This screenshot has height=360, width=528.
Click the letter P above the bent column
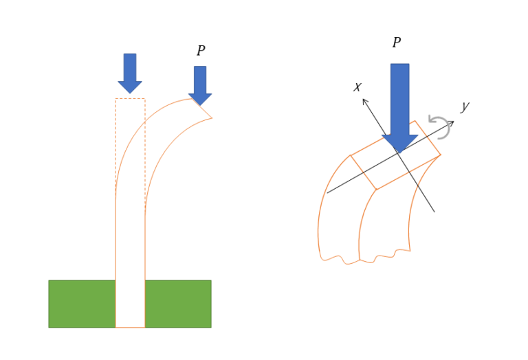(201, 50)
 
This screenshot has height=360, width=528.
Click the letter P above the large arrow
(397, 43)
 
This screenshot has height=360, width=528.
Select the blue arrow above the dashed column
(130, 74)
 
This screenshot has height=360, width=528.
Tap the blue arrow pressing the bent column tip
(200, 86)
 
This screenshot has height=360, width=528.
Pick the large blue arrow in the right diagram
(399, 109)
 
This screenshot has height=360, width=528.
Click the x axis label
(357, 87)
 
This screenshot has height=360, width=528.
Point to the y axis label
(465, 106)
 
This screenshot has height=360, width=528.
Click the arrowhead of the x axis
(364, 100)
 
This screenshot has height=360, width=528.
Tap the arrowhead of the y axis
(451, 123)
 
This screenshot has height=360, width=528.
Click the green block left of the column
(82, 304)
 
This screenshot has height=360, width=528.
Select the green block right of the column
(178, 304)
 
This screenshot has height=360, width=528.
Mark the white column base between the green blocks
(131, 304)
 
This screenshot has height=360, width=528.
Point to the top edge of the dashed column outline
(131, 98)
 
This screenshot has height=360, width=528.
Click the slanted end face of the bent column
(201, 109)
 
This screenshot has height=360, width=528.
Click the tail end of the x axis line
(434, 212)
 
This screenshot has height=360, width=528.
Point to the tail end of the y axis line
(327, 193)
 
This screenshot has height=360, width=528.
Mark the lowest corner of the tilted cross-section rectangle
(376, 190)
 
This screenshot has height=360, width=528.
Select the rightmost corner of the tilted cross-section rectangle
(441, 155)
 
